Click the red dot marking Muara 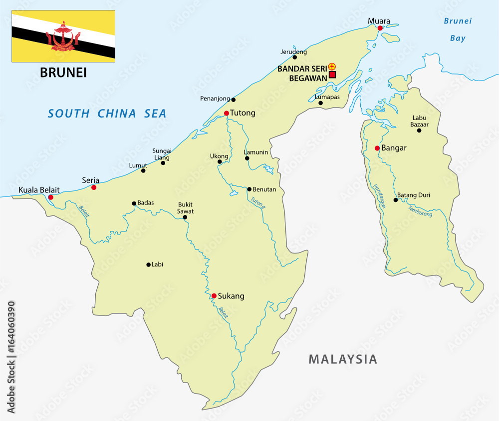[380, 28]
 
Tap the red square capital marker [332, 75]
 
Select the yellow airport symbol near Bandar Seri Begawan [332, 66]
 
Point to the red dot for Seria [94, 187]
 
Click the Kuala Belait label [39, 190]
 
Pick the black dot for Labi [148, 264]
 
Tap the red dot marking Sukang [214, 296]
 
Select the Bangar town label [394, 148]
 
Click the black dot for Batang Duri [396, 200]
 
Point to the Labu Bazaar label [420, 121]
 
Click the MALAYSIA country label [343, 359]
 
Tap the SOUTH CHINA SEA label [107, 113]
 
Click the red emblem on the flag [63, 36]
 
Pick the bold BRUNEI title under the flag [63, 72]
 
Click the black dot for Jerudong [295, 57]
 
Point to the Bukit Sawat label [186, 208]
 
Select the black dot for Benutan [249, 189]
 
